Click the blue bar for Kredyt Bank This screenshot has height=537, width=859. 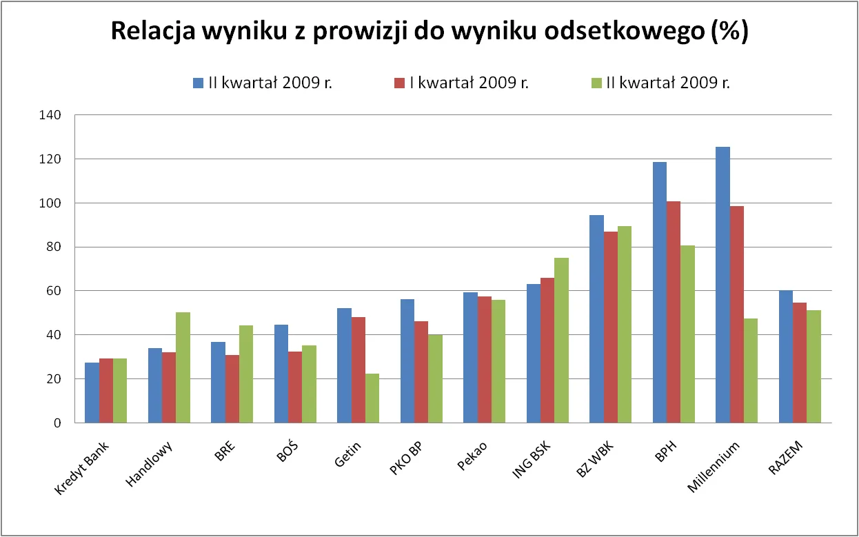click(x=92, y=392)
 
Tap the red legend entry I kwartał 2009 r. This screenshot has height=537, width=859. click(x=461, y=83)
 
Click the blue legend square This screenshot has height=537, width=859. click(x=198, y=83)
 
